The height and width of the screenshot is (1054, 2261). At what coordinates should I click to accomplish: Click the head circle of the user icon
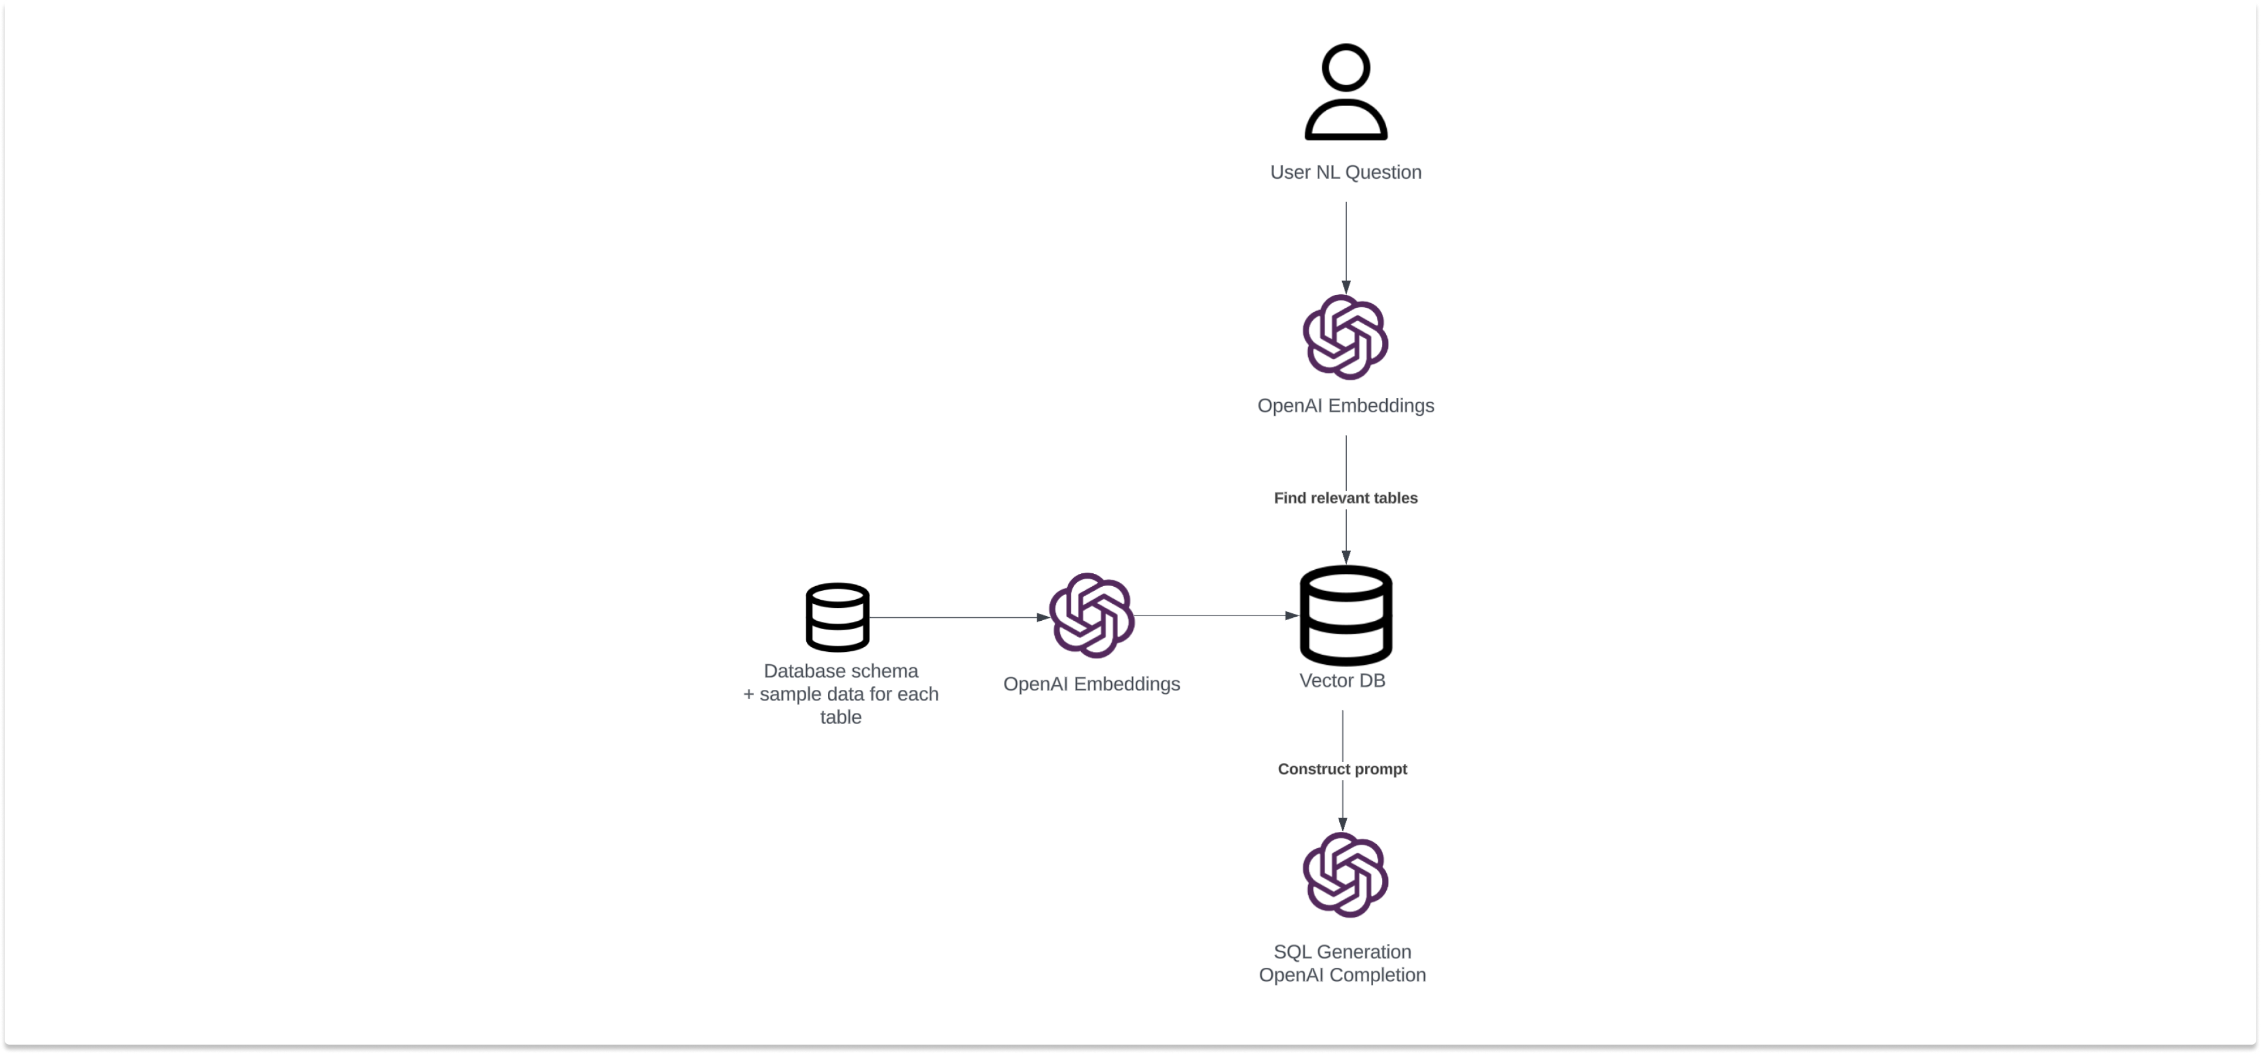[x=1346, y=67]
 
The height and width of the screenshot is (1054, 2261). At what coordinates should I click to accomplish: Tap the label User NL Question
[x=1346, y=172]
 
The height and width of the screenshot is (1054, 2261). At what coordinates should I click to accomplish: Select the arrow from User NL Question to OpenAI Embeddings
[x=1346, y=246]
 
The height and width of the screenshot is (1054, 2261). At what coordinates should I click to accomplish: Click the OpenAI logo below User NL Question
[x=1346, y=337]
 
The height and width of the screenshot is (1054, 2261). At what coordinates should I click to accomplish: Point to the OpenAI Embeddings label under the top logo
[x=1346, y=406]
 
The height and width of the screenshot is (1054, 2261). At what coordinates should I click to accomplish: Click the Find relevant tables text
[x=1346, y=498]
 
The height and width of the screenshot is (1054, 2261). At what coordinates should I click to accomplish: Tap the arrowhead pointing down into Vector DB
[x=1346, y=557]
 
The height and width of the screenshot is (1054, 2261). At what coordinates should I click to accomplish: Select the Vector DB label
[x=1342, y=680]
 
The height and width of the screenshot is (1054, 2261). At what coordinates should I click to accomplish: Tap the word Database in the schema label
[x=798, y=671]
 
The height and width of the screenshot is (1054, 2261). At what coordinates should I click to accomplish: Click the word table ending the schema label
[x=840, y=717]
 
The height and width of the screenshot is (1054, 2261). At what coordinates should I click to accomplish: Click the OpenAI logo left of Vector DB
[x=1092, y=615]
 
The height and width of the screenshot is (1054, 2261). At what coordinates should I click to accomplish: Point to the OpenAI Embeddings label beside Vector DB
[x=1091, y=684]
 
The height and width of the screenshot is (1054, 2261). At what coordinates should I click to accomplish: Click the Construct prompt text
[x=1342, y=769]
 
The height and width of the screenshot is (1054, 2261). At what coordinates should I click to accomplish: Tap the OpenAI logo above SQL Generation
[x=1346, y=875]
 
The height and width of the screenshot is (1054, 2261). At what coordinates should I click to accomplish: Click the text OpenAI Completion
[x=1342, y=975]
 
